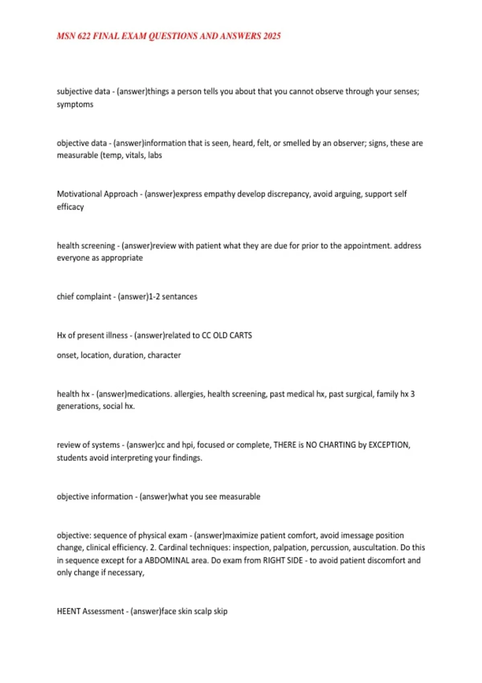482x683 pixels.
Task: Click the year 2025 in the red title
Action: click(272, 36)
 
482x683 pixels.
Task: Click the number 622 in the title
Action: click(84, 36)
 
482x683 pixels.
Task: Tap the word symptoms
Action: click(75, 104)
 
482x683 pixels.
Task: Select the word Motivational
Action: click(79, 194)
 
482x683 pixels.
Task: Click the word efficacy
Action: click(70, 207)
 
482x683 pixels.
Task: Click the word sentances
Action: click(180, 297)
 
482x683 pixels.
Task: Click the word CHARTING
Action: click(337, 445)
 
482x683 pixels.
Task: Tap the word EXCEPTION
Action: click(389, 445)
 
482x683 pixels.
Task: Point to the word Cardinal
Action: click(173, 548)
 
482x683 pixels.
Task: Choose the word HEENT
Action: click(69, 611)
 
